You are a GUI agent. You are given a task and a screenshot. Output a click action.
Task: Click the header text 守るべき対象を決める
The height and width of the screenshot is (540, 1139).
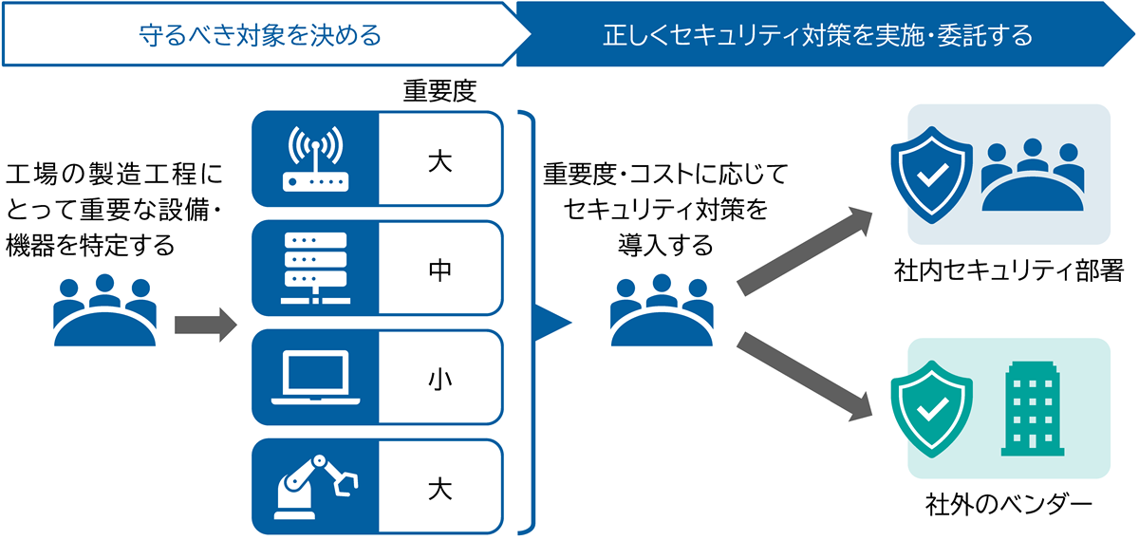(x=260, y=36)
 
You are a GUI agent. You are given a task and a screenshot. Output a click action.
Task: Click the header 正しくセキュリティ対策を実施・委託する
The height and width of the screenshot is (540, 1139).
(x=817, y=36)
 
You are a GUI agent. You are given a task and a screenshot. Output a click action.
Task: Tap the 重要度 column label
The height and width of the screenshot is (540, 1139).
(x=439, y=91)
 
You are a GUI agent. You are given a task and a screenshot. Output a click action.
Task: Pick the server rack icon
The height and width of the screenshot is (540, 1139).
(x=315, y=269)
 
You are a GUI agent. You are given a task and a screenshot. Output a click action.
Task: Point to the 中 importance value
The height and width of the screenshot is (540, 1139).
(x=439, y=269)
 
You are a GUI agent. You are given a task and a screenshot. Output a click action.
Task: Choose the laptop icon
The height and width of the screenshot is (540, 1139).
(x=315, y=378)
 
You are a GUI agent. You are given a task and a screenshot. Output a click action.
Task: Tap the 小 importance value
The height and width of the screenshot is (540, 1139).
(x=439, y=378)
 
